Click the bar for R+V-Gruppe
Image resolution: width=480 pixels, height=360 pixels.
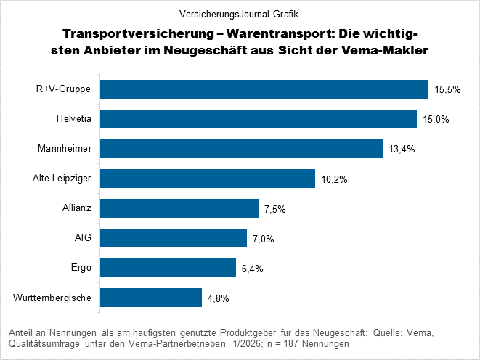click(x=264, y=89)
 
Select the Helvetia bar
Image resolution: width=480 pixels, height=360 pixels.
click(x=258, y=119)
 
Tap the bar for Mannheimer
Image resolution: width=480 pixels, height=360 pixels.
click(x=241, y=149)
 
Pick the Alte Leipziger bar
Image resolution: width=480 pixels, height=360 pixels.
click(x=207, y=179)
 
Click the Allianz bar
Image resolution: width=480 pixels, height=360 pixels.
click(x=179, y=208)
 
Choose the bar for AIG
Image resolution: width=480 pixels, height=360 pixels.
click(x=173, y=238)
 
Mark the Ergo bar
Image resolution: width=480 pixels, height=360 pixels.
click(x=168, y=268)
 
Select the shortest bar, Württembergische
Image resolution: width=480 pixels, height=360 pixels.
click(x=150, y=298)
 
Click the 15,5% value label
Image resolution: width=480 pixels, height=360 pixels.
click(x=447, y=90)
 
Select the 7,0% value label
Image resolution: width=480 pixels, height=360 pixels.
click(x=263, y=239)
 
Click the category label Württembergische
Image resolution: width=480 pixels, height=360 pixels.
click(x=53, y=298)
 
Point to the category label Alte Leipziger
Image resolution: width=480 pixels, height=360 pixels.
click(x=62, y=179)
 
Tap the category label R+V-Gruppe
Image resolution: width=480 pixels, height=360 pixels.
click(x=65, y=89)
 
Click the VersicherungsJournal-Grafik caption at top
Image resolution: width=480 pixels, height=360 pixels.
click(x=239, y=13)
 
